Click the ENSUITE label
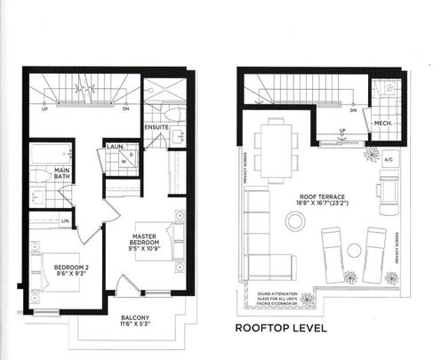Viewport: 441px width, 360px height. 158,125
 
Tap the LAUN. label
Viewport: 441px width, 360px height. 114,146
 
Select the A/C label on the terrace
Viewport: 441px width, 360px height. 389,160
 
